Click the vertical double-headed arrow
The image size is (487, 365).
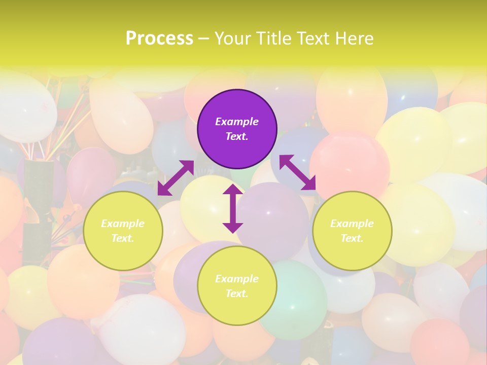[233, 208]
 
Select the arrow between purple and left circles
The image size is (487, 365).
[176, 177]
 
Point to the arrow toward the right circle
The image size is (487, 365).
[298, 172]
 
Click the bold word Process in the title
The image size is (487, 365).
[159, 38]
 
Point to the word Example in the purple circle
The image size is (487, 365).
[237, 122]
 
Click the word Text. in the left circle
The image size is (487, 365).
[123, 238]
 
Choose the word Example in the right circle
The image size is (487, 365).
[352, 224]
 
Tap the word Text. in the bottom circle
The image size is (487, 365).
[237, 294]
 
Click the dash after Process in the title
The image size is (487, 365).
[204, 39]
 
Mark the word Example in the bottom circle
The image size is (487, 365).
[237, 279]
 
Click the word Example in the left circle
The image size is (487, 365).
[123, 224]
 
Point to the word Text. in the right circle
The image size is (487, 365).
[352, 238]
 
